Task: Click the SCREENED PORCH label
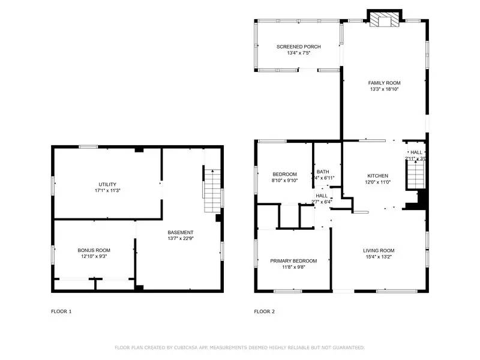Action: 299,47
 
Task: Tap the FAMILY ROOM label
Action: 384,83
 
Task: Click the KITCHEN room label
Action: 378,176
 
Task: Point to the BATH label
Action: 323,171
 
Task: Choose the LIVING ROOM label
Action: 379,250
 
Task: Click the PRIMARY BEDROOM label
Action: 293,261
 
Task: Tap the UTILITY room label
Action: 108,184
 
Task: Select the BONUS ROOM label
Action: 94,250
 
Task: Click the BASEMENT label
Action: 180,232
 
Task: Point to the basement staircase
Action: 212,190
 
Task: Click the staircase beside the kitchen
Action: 416,175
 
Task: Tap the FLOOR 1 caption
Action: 62,311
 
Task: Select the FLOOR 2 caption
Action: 265,311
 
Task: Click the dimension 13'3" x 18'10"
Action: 384,89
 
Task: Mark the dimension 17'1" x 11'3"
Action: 108,190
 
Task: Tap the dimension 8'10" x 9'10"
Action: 284,181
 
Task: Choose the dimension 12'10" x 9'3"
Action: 94,256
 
